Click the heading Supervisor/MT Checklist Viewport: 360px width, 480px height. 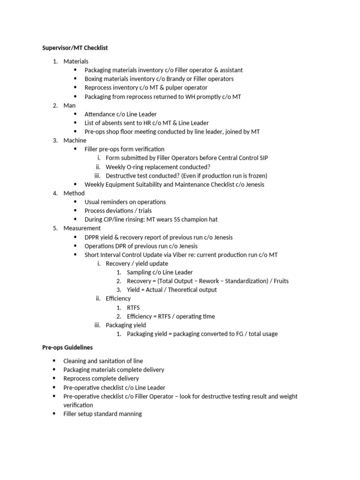(x=75, y=48)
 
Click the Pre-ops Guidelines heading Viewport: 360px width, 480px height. (x=67, y=347)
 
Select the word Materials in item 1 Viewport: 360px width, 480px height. (x=76, y=61)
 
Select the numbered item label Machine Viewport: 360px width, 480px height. (x=75, y=140)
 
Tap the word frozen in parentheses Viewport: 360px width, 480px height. (x=256, y=176)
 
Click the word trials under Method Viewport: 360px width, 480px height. (x=144, y=211)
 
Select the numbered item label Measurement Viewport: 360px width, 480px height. (x=82, y=228)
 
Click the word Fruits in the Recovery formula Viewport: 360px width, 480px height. (x=279, y=281)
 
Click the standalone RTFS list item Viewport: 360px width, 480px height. (x=133, y=307)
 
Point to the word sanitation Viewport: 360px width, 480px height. (x=114, y=361)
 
